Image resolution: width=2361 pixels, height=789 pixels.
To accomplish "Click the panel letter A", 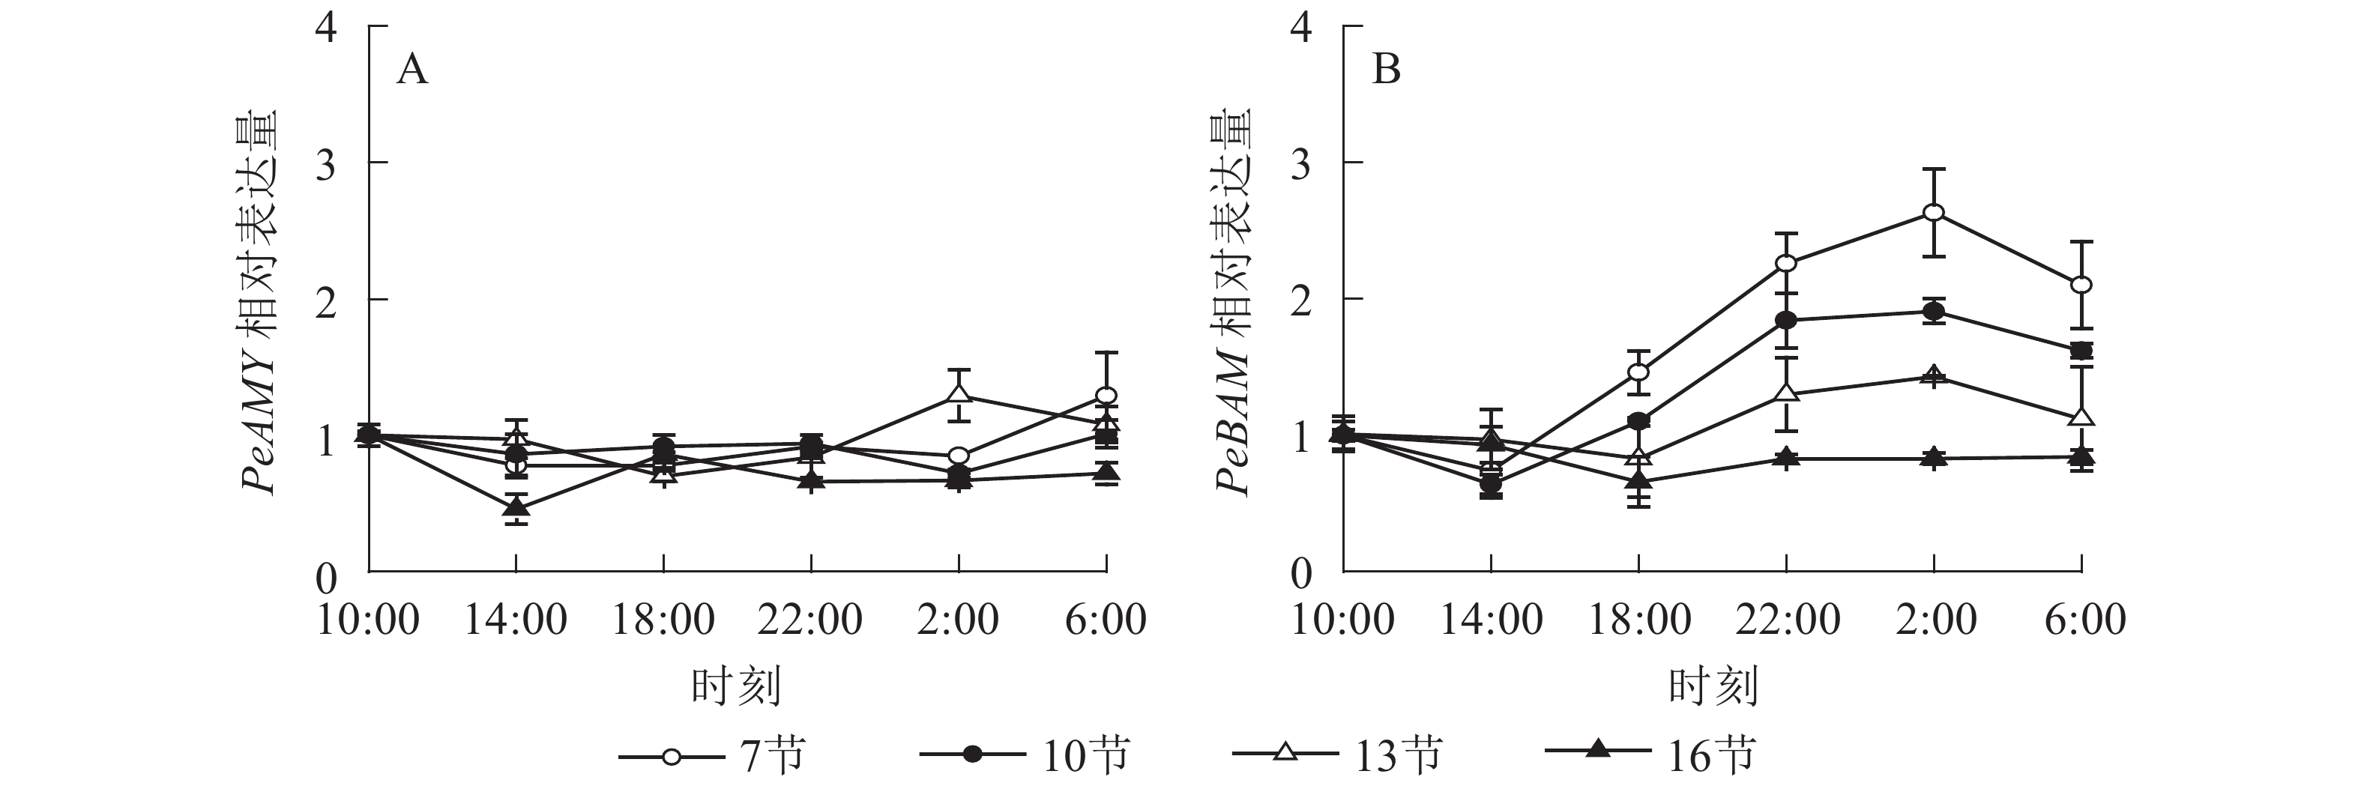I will click(x=411, y=70).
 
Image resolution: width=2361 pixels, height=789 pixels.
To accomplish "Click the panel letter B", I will click(x=1386, y=70).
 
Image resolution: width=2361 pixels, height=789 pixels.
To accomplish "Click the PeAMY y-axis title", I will click(x=260, y=303).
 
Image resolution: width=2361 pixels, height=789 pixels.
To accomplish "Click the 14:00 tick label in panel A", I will click(x=516, y=620).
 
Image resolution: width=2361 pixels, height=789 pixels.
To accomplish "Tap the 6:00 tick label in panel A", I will click(x=1106, y=620).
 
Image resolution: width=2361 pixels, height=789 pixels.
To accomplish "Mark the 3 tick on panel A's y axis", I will click(x=326, y=163).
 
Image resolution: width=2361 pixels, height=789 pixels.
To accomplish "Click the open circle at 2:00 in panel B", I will click(x=1934, y=214).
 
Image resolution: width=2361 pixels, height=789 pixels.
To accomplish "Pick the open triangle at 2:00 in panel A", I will click(x=959, y=395).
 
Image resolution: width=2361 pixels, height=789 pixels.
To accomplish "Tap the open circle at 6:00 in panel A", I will click(x=1106, y=396).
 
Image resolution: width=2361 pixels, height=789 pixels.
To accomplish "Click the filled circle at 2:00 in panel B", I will click(x=1934, y=312).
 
